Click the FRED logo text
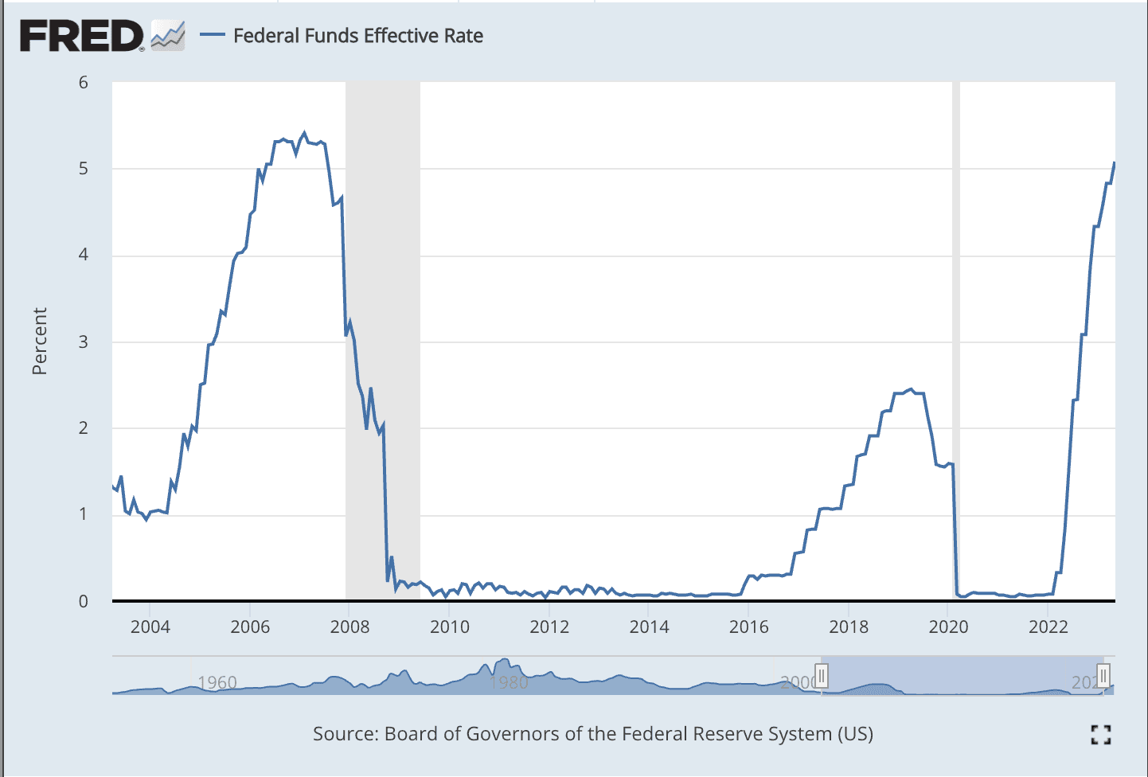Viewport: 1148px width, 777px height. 81,37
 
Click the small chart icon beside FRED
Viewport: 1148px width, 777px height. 168,36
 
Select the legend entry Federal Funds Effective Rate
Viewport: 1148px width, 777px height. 357,36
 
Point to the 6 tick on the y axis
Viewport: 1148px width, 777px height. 84,83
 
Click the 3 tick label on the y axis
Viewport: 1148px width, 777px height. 84,342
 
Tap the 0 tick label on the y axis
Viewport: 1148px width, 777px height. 84,601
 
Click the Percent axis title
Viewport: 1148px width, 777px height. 40,341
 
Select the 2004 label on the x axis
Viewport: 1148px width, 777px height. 150,627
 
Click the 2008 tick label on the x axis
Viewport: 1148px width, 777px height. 350,627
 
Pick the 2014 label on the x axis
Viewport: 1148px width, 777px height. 650,627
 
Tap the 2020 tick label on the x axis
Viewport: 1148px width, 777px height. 949,627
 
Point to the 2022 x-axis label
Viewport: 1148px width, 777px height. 1048,627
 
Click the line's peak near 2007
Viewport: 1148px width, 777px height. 304,133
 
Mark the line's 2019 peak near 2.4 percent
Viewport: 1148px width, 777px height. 911,389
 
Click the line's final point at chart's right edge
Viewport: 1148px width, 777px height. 1114,163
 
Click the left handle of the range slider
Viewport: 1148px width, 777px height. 822,676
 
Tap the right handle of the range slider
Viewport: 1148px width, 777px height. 1103,676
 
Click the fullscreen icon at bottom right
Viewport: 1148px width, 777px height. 1101,734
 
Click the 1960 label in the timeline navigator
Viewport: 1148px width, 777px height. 217,682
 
